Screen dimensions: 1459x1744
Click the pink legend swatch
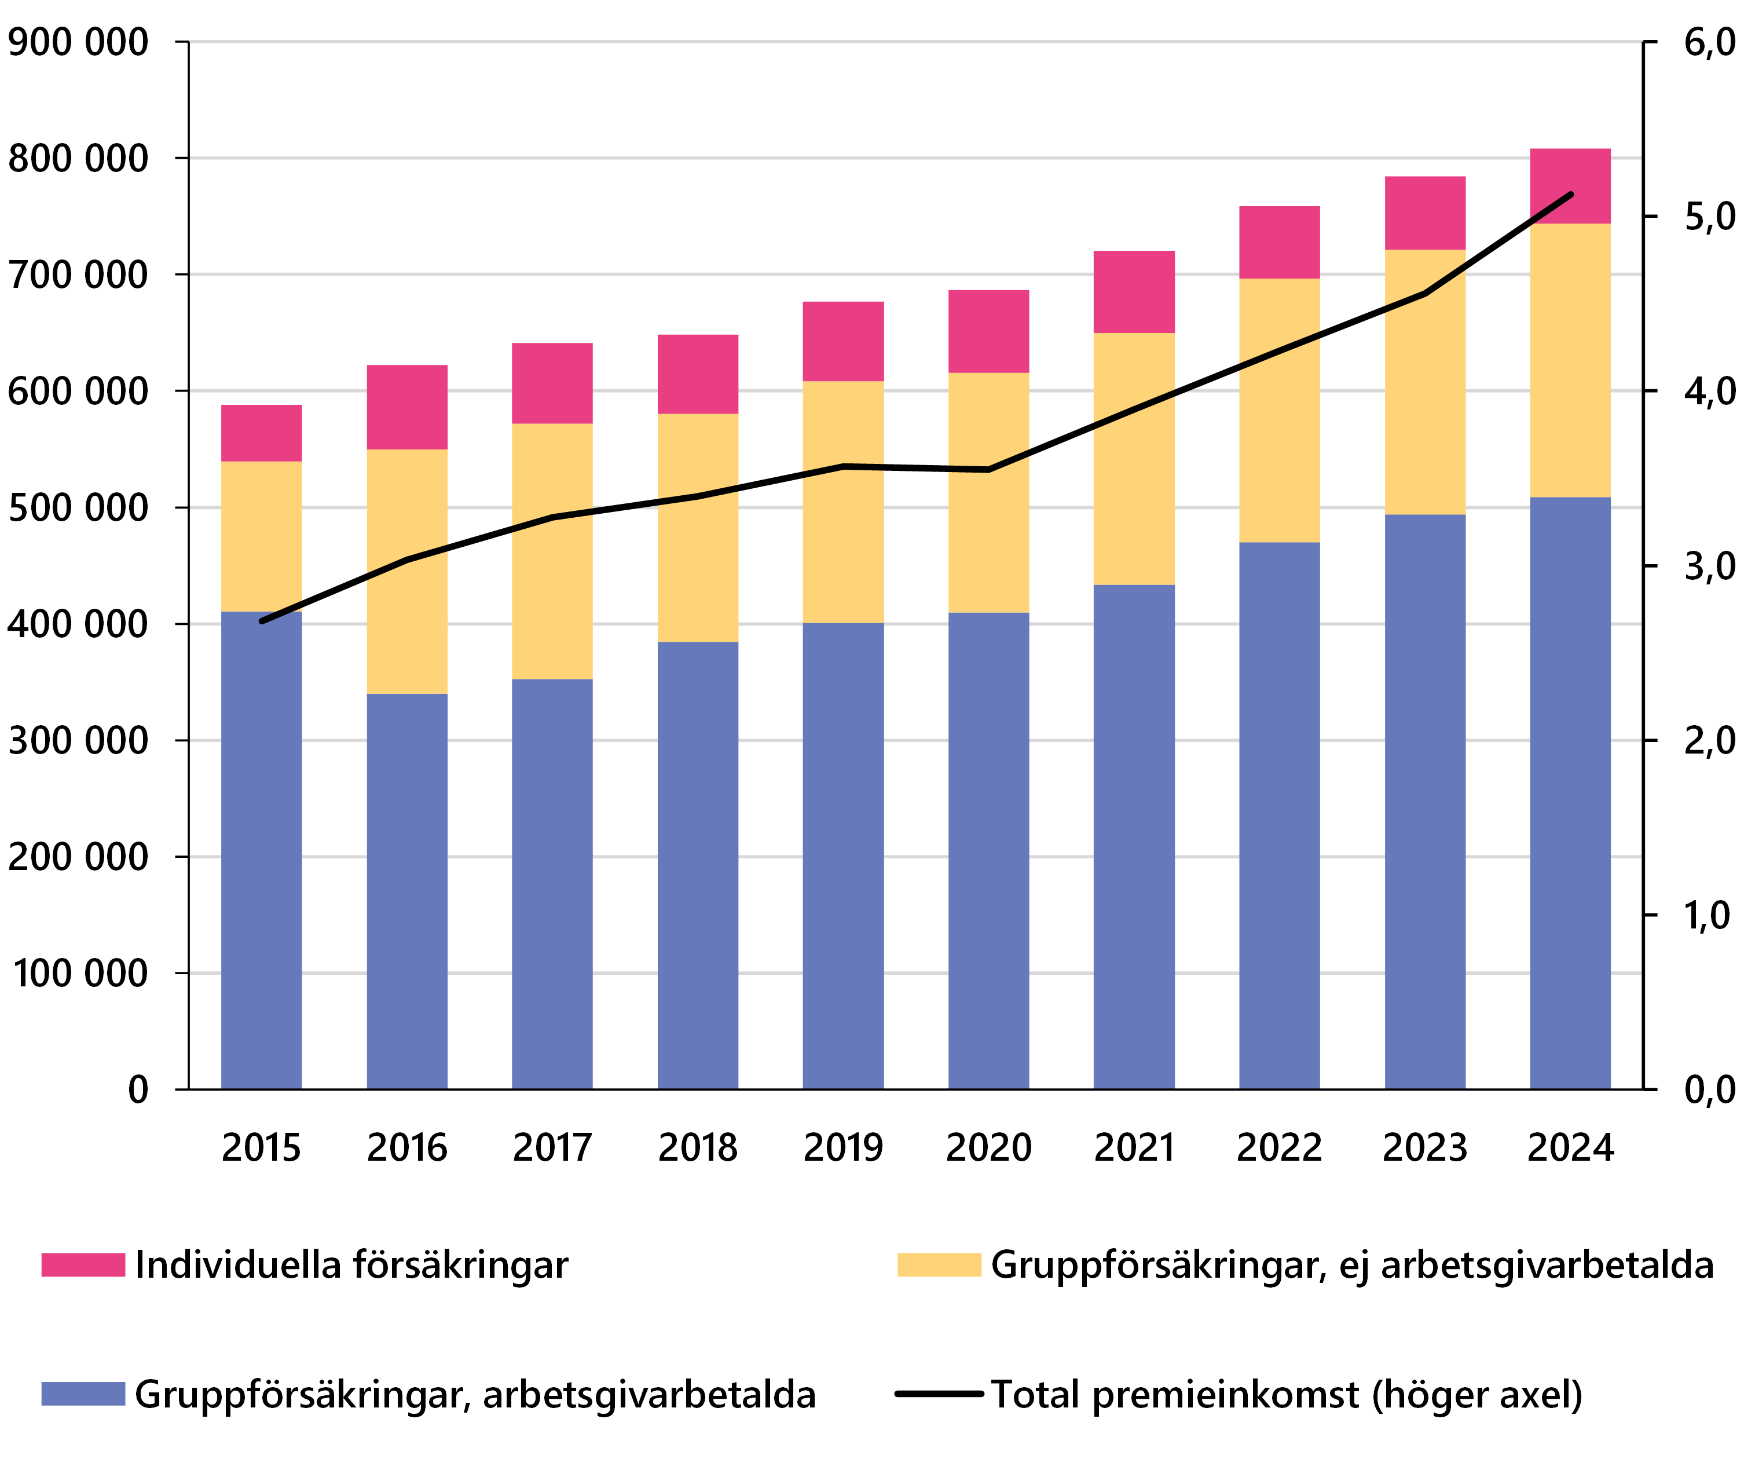83,1264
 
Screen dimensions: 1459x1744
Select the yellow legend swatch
939,1264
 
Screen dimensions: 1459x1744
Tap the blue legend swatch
83,1394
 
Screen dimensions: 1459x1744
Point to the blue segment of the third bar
552,881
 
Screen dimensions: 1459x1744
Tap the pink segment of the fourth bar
698,374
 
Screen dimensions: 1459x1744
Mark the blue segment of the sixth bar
988,847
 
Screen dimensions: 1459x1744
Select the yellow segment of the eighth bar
1279,449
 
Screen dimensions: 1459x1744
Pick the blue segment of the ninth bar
1425,798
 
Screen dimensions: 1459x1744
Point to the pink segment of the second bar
407,407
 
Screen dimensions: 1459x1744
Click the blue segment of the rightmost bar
1570,789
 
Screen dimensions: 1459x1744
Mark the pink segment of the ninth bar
1425,213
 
